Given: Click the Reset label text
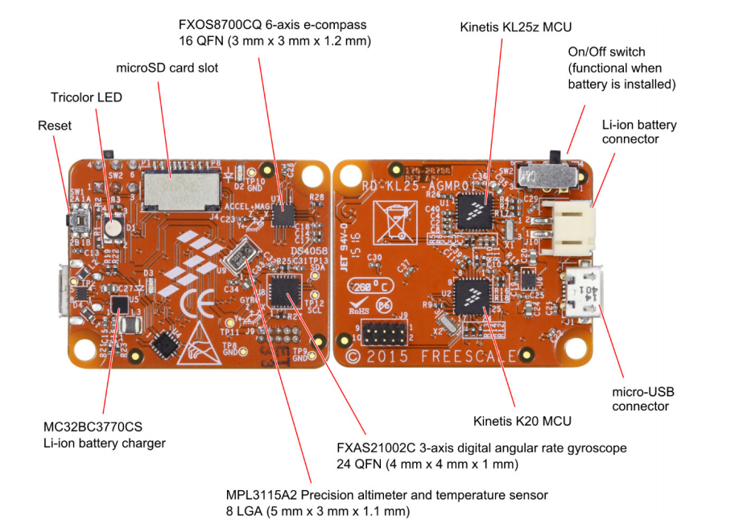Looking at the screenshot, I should pos(55,126).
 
